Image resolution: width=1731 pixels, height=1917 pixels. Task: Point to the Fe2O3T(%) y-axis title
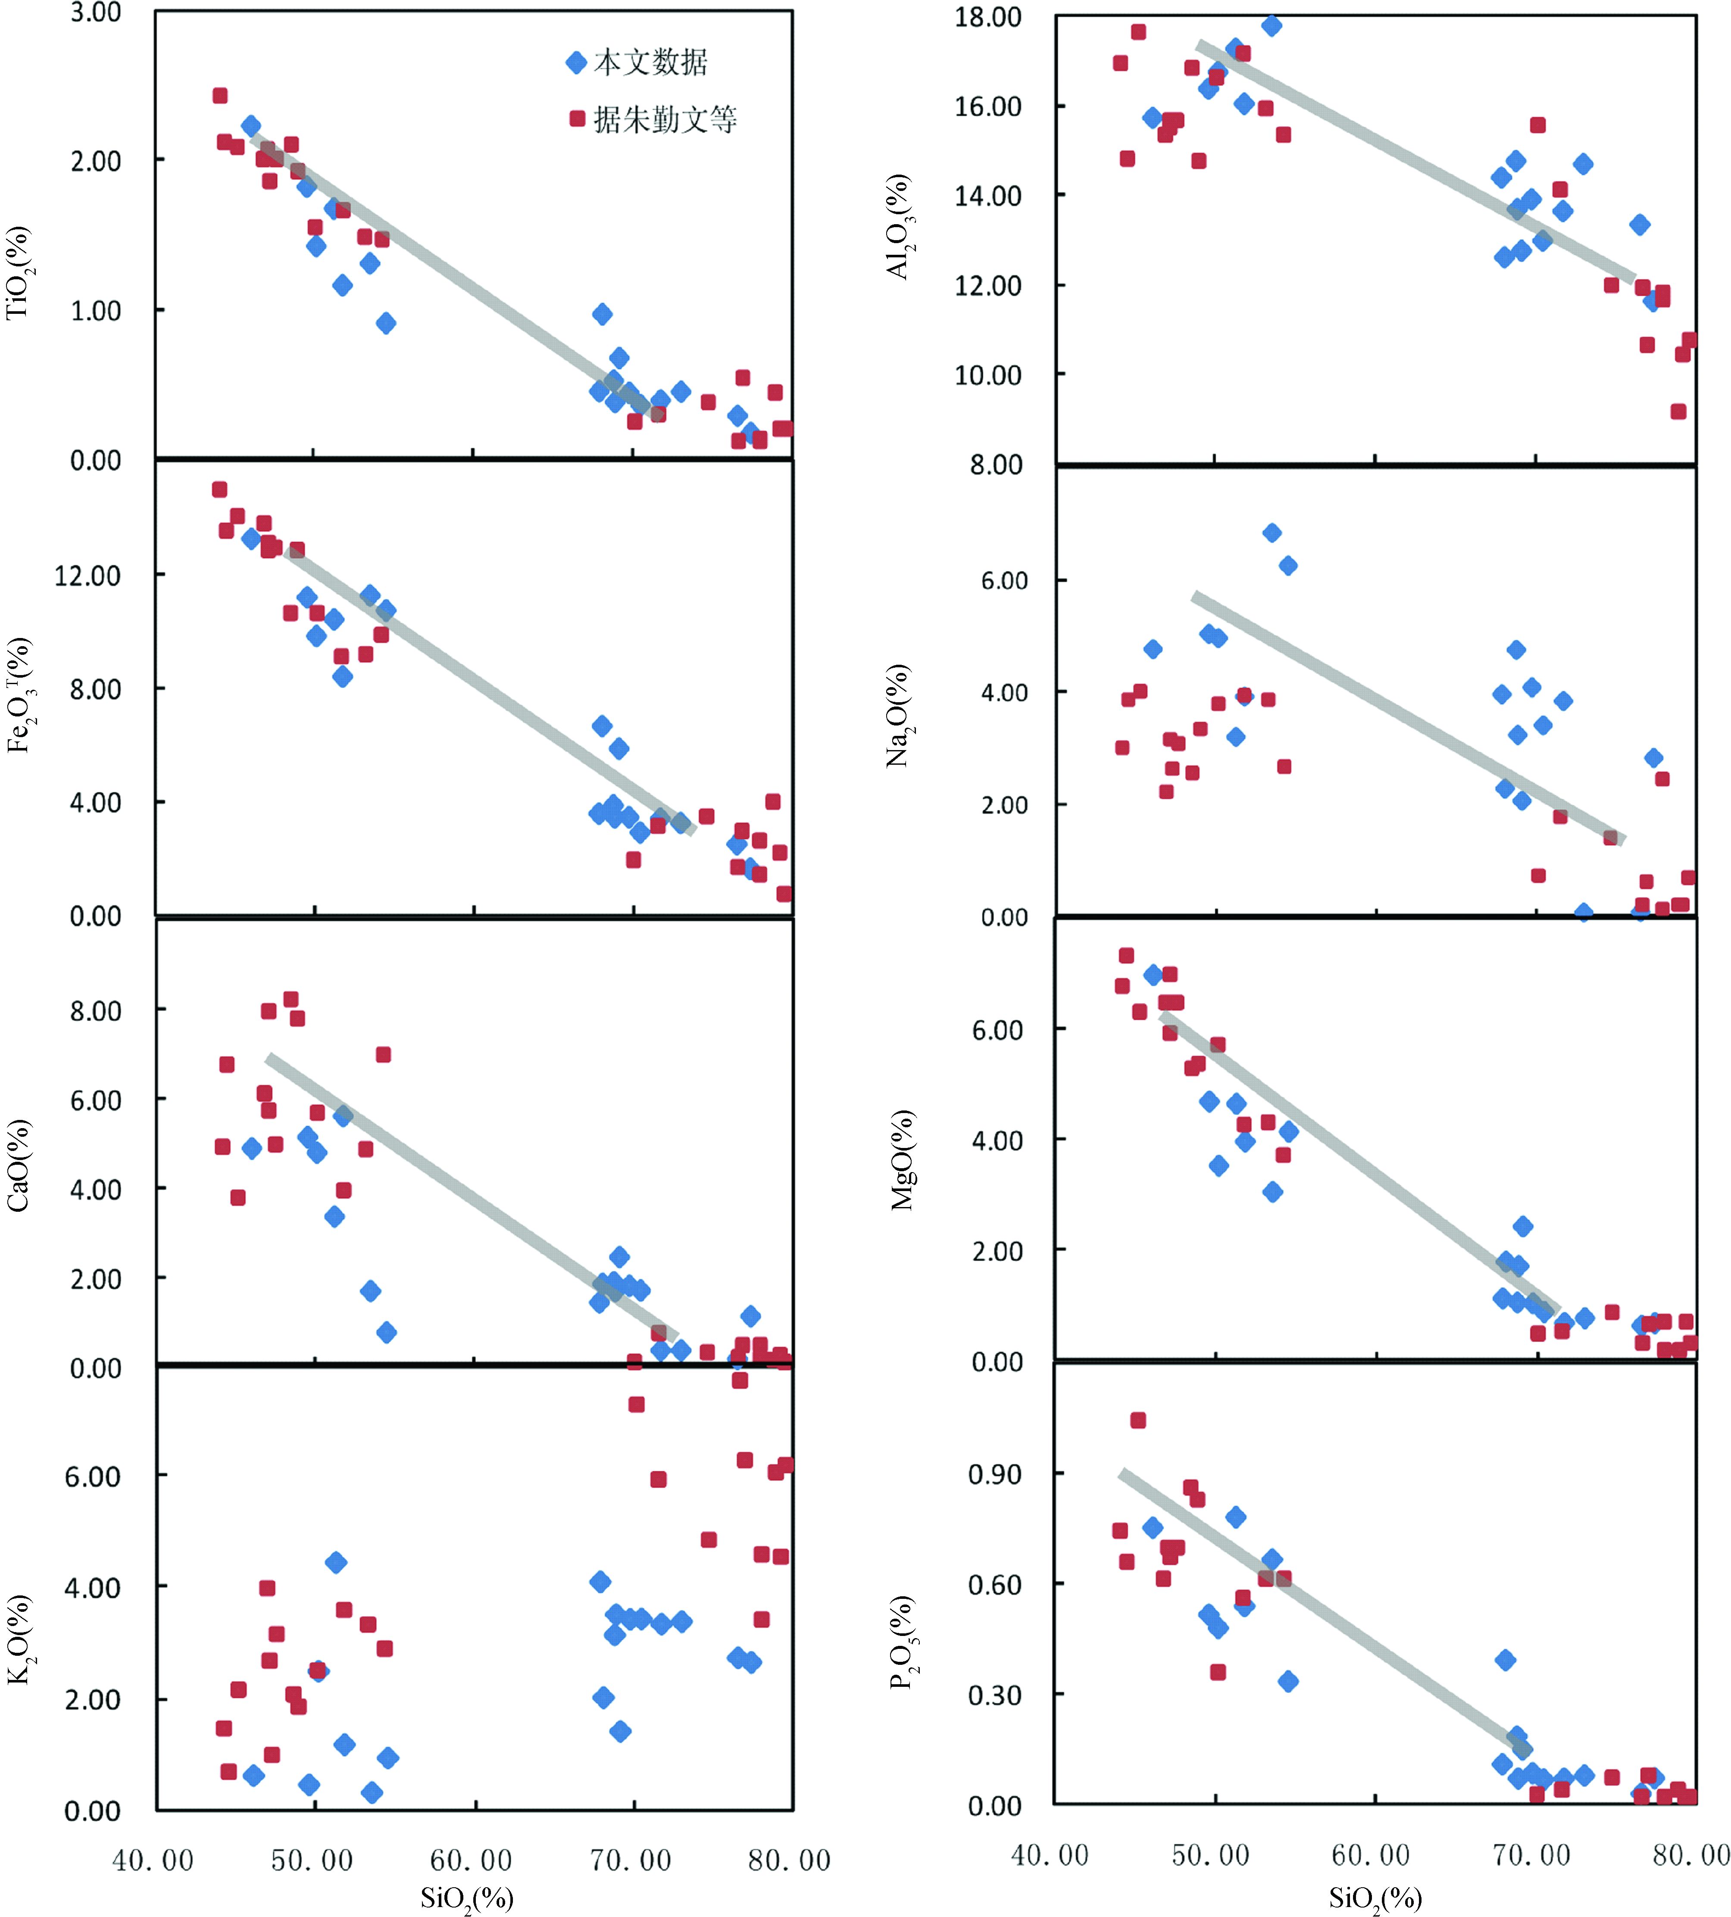coord(19,695)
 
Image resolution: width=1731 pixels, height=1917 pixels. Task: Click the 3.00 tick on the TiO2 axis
coord(95,13)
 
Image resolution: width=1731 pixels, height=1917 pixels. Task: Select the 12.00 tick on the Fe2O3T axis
coord(87,575)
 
